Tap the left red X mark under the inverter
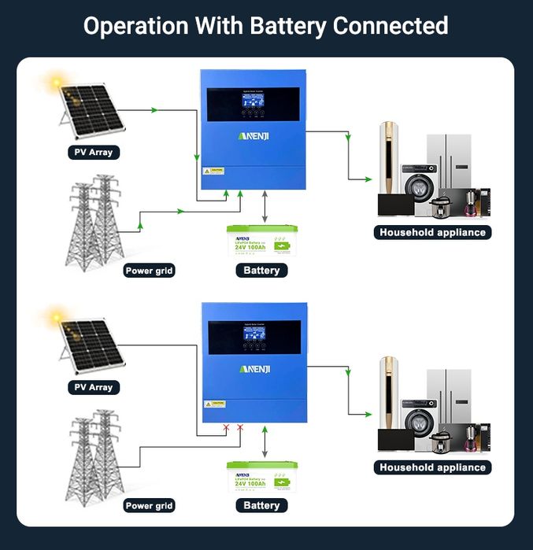pos(227,428)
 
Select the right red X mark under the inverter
pos(240,428)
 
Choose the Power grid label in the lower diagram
pos(149,506)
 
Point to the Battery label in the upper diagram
pos(261,270)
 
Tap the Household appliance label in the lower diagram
pos(432,467)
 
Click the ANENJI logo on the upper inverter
pos(254,136)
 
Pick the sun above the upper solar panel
pos(56,80)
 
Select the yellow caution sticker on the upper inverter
pos(214,171)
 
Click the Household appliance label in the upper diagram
pos(432,232)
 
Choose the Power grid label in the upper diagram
pos(149,271)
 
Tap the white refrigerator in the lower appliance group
pos(450,397)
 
